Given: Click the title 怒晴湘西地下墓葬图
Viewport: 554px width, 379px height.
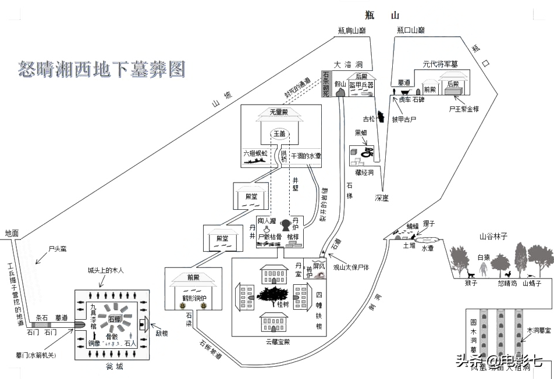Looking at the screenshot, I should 102,69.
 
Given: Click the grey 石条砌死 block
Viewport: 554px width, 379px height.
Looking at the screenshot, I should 326,84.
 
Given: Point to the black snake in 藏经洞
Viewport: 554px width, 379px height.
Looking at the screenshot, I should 367,153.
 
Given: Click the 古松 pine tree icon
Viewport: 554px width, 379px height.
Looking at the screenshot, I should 381,117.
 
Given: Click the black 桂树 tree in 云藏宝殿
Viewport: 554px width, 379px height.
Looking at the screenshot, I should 274,296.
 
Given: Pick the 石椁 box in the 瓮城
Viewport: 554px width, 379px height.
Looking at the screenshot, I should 114,319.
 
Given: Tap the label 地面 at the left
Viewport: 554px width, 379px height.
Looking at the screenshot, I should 12,233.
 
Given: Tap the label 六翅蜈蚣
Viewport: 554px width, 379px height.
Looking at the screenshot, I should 255,154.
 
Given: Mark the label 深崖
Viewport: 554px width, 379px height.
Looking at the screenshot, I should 382,198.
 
